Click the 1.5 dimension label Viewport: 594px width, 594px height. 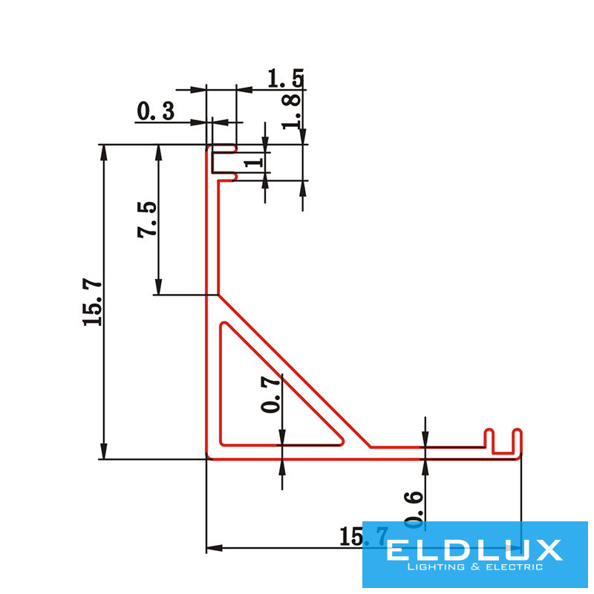[285, 78]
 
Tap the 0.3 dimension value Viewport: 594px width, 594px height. [155, 112]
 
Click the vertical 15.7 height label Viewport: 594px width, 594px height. [92, 301]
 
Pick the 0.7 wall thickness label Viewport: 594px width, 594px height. [272, 394]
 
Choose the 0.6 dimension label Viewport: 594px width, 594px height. [416, 510]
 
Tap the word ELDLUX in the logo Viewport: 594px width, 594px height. [474, 550]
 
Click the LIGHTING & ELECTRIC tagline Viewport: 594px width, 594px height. [475, 568]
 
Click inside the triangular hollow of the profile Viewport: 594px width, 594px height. [260, 401]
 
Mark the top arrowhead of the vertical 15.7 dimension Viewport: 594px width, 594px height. [104, 151]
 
